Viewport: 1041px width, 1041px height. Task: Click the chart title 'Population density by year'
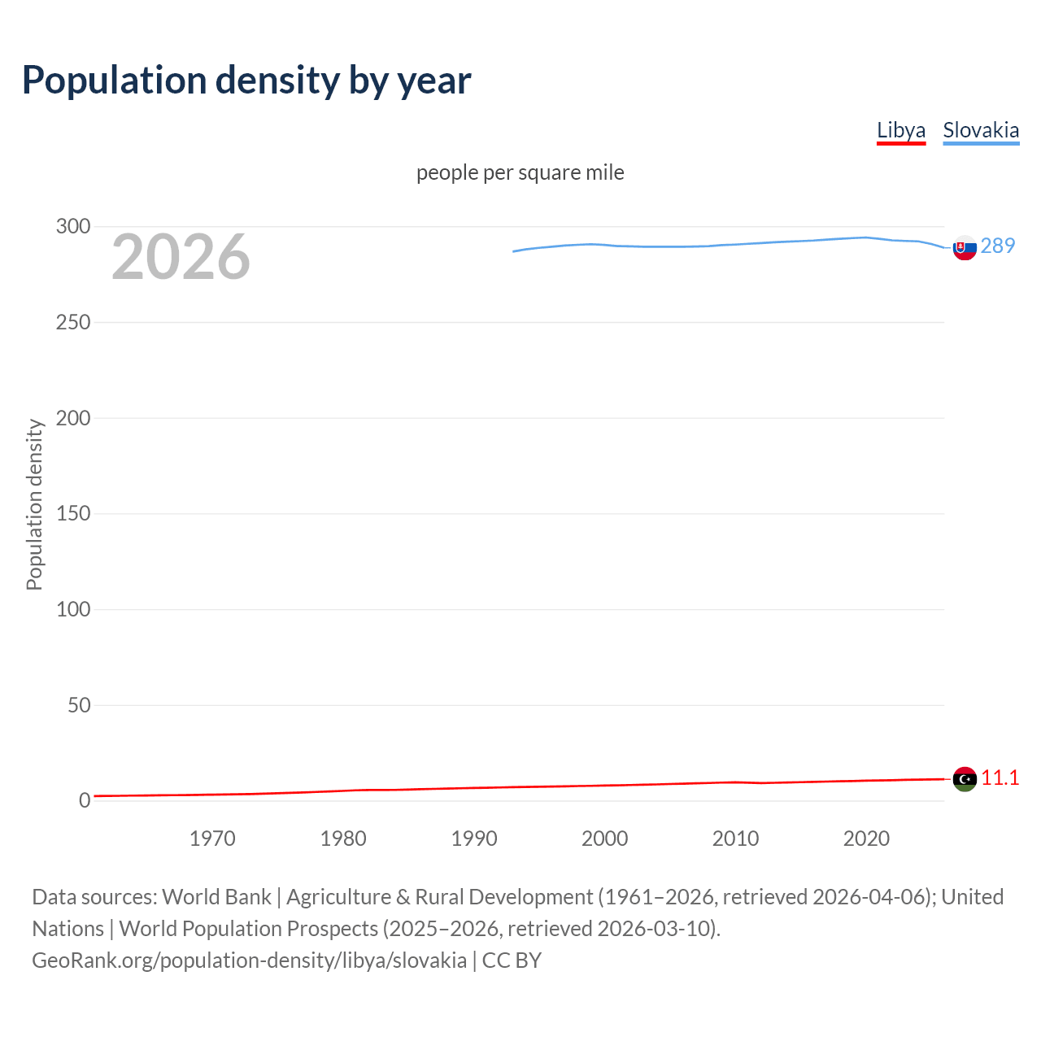click(x=246, y=81)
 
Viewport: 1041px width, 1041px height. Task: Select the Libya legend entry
click(x=900, y=130)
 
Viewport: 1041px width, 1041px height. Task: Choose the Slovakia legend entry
click(x=980, y=130)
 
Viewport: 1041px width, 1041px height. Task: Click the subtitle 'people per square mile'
click(x=520, y=172)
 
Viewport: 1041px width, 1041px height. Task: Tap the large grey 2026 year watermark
click(x=181, y=257)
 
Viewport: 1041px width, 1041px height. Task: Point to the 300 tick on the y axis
click(x=73, y=227)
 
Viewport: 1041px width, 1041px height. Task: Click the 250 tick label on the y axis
click(x=73, y=323)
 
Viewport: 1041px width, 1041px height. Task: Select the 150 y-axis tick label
click(x=73, y=514)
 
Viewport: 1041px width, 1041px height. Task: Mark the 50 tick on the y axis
click(x=79, y=705)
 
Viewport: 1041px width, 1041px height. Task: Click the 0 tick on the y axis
click(x=85, y=801)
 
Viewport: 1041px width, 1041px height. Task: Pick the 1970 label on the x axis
click(x=212, y=838)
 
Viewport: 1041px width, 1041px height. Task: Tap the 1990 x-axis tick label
click(x=474, y=838)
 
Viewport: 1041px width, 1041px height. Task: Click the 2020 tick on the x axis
click(x=866, y=838)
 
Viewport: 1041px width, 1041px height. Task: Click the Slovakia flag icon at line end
click(x=965, y=248)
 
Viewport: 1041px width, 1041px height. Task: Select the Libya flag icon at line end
click(x=965, y=779)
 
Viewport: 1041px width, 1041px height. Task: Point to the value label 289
click(x=998, y=246)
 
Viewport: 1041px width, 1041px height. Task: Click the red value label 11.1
click(x=1000, y=778)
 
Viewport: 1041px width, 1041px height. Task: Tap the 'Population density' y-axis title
click(x=34, y=504)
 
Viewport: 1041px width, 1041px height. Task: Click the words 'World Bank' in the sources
click(x=216, y=897)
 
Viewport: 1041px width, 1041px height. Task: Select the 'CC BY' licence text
click(x=512, y=960)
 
